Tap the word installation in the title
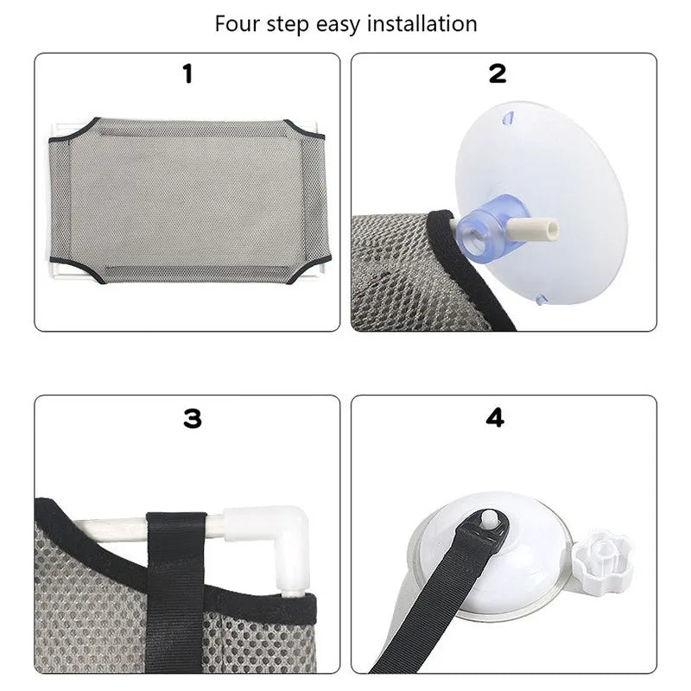pos(422,23)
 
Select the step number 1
pos(187,74)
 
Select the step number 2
pos(498,74)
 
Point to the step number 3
pos(192,419)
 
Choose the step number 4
pos(495,419)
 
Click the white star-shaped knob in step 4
pos(602,550)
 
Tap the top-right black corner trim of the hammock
pos(307,130)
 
